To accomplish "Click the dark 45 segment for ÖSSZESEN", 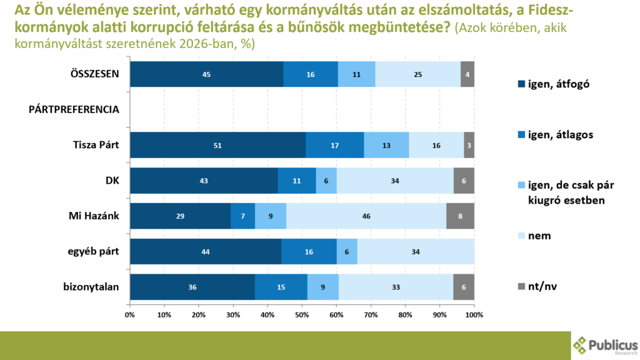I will tap(206, 74).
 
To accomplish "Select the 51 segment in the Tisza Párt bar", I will tap(217, 145).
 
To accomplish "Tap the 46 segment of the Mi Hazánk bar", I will tap(366, 216).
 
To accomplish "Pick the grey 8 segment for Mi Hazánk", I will tap(460, 216).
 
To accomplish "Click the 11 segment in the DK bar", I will tap(297, 181).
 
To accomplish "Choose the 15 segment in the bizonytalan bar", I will tap(281, 287).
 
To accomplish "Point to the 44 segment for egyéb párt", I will tap(206, 251).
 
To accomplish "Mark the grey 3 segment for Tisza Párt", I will tap(469, 145).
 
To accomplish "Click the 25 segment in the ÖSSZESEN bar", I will tap(417, 74).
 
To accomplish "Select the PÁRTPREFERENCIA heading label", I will tap(74, 109).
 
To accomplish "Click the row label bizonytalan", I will tap(92, 287).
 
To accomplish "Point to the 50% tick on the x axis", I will tap(302, 314).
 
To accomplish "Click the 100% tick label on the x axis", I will tap(474, 314).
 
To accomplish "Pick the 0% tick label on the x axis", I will tap(130, 314).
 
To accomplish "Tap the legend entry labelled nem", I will tap(538, 236).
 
